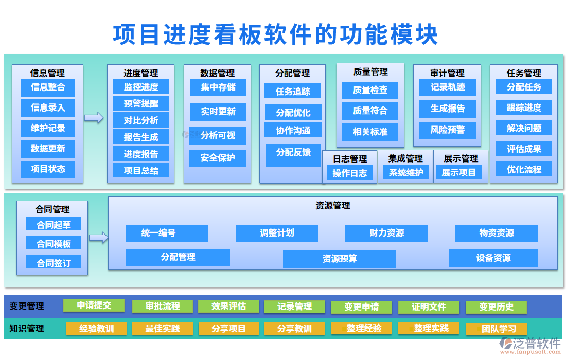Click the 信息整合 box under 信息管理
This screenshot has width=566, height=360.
[48, 87]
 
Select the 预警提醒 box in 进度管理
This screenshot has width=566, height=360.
[141, 103]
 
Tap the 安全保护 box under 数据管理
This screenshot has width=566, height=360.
[218, 158]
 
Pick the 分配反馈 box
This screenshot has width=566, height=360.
[293, 153]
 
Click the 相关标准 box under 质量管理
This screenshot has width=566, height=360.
[370, 132]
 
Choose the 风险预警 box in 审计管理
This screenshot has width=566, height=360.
[447, 130]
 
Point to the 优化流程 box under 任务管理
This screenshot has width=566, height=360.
[524, 169]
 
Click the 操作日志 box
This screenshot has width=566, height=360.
[350, 173]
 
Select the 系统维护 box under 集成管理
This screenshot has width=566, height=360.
[406, 173]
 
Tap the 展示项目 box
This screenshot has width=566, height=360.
[459, 173]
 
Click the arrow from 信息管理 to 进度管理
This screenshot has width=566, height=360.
[94, 118]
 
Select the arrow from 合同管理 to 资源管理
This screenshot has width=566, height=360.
[98, 237]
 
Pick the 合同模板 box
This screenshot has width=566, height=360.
[54, 244]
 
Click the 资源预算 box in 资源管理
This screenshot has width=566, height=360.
[340, 259]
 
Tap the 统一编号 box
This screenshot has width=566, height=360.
[167, 233]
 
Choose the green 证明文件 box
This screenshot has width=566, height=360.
[429, 307]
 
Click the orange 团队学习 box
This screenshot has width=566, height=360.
[496, 329]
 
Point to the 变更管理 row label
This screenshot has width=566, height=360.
[27, 306]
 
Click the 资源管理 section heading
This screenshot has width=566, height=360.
[332, 206]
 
